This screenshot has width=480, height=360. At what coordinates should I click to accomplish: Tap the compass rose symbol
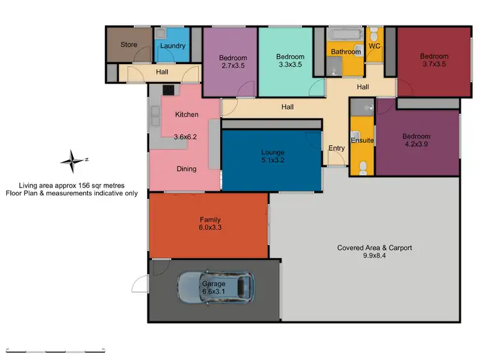pos(72,160)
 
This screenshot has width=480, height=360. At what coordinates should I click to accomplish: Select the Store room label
pos(129,45)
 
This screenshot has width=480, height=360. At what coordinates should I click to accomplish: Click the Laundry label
pos(173,46)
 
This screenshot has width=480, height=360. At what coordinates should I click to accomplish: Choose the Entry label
pos(336,149)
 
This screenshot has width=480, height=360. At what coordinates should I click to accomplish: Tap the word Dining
pos(187,169)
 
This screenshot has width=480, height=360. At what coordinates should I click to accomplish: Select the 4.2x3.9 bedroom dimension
pos(416,145)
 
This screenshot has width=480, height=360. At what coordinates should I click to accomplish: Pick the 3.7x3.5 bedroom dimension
pos(435,65)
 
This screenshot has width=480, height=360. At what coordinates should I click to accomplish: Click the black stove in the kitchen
pos(168,91)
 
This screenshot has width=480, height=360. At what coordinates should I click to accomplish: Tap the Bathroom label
pos(346,52)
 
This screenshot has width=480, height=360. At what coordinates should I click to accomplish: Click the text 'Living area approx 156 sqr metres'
pos(72,185)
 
